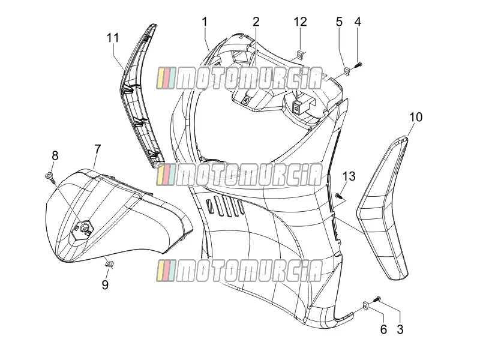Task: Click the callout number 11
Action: (113, 38)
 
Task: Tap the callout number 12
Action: (301, 22)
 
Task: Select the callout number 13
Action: (349, 176)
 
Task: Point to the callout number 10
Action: (416, 117)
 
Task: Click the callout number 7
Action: (97, 149)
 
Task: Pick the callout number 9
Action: (105, 284)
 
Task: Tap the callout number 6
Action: (383, 329)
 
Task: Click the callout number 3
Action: (400, 329)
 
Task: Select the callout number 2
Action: (256, 22)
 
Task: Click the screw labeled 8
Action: (50, 176)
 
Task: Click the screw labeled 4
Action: (358, 65)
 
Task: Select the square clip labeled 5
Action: (347, 71)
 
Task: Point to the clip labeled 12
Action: (299, 55)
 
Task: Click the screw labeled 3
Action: (377, 299)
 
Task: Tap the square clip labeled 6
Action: (365, 306)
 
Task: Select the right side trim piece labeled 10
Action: (383, 208)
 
